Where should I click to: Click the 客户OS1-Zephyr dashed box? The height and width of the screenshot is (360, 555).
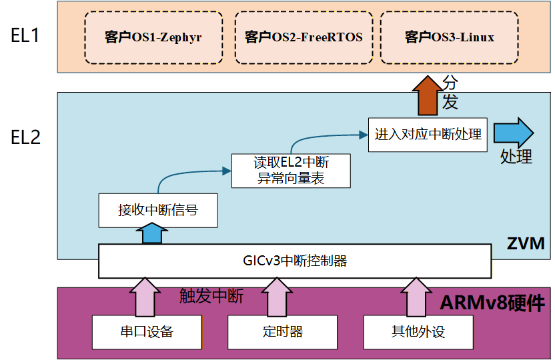[153, 37]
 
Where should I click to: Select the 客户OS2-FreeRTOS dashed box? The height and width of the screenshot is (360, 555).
[304, 37]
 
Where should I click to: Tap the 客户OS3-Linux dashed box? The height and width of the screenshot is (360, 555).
[450, 37]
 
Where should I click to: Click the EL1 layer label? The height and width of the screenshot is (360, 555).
[26, 35]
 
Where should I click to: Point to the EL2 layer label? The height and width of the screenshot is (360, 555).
[26, 137]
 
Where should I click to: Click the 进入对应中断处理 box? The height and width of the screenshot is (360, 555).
[428, 134]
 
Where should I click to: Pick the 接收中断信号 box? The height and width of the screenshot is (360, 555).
[157, 210]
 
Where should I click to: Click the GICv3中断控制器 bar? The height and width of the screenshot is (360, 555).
[294, 261]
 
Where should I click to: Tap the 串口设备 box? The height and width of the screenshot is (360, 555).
[147, 331]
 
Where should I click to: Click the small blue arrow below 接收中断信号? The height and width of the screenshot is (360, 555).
[151, 234]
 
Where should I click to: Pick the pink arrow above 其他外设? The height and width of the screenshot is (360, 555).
[415, 297]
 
